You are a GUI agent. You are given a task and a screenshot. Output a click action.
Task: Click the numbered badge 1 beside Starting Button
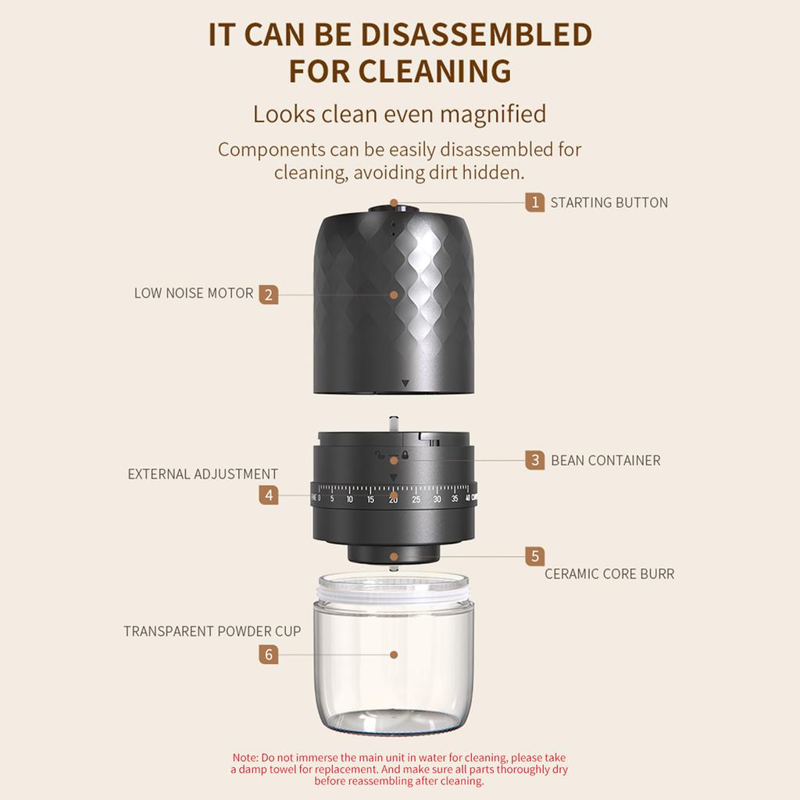pyautogui.click(x=534, y=202)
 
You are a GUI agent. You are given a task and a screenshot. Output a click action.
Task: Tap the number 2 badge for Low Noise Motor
pyautogui.click(x=269, y=295)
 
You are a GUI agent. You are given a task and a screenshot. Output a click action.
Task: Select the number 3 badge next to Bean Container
pyautogui.click(x=534, y=460)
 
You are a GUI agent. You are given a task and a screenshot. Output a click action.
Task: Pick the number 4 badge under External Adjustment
pyautogui.click(x=269, y=495)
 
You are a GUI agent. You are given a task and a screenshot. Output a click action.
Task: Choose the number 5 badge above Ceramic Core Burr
pyautogui.click(x=534, y=556)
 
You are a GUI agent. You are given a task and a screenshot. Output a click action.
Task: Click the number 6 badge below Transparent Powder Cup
pyautogui.click(x=269, y=655)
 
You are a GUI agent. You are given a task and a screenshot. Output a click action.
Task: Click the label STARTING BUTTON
pyautogui.click(x=609, y=202)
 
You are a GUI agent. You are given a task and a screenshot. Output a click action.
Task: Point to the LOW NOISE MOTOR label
pyautogui.click(x=194, y=294)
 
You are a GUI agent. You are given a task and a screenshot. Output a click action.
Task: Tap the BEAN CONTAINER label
pyautogui.click(x=605, y=460)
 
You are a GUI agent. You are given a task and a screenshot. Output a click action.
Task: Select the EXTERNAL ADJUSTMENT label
pyautogui.click(x=203, y=474)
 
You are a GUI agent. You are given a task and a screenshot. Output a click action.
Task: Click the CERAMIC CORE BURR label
pyautogui.click(x=609, y=574)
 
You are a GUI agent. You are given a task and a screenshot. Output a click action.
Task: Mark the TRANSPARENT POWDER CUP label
pyautogui.click(x=212, y=631)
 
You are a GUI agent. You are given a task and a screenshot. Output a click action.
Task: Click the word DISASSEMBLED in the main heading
pyautogui.click(x=477, y=34)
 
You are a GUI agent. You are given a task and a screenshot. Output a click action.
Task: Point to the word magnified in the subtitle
pyautogui.click(x=494, y=114)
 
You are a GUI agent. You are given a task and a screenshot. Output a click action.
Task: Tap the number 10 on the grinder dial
pyautogui.click(x=349, y=499)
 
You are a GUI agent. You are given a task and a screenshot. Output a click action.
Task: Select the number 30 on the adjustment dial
pyautogui.click(x=437, y=499)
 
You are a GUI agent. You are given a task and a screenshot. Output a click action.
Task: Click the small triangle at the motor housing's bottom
pyautogui.click(x=405, y=383)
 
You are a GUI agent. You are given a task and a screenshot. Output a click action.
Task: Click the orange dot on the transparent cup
pyautogui.click(x=394, y=655)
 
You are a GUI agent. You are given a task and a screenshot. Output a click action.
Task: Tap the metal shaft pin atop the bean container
pyautogui.click(x=394, y=424)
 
